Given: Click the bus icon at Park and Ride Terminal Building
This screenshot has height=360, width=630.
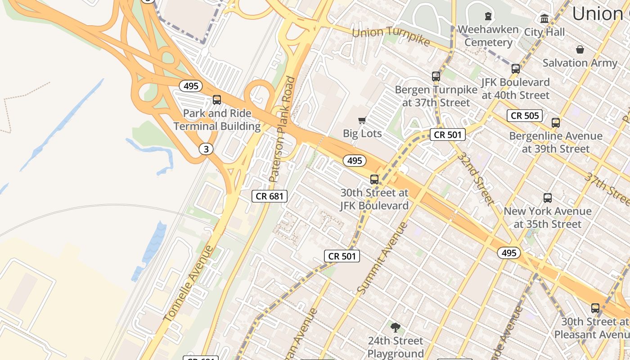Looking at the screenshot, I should tap(217, 100).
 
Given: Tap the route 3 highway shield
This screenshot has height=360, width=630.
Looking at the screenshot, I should tap(206, 149).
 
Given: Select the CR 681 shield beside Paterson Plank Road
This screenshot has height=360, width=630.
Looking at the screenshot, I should tap(269, 196).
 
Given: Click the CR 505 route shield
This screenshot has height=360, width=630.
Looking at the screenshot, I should tap(525, 116).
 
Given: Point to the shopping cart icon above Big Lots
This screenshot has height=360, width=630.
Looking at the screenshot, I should tap(362, 120).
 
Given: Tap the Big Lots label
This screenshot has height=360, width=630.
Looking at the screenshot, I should tap(362, 134).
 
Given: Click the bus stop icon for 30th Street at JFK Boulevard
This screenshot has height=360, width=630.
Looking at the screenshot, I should tap(374, 180).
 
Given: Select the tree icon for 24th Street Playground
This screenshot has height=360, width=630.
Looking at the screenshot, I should tap(396, 328).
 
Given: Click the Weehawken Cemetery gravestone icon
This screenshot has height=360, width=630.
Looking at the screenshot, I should tap(488, 17).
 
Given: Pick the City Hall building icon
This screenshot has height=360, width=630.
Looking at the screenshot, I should tap(544, 19).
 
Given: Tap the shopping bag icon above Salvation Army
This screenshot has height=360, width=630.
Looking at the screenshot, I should tap(580, 49).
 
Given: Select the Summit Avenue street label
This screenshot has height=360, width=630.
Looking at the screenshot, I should tap(383, 258).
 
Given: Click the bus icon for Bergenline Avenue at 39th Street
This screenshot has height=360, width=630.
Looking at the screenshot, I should tap(556, 122).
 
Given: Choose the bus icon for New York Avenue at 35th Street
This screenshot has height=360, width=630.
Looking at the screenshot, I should tap(548, 198).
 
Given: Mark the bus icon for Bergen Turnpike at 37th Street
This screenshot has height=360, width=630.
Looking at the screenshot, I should tap(436, 76).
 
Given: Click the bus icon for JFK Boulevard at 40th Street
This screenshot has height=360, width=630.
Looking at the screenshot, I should tap(516, 69).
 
